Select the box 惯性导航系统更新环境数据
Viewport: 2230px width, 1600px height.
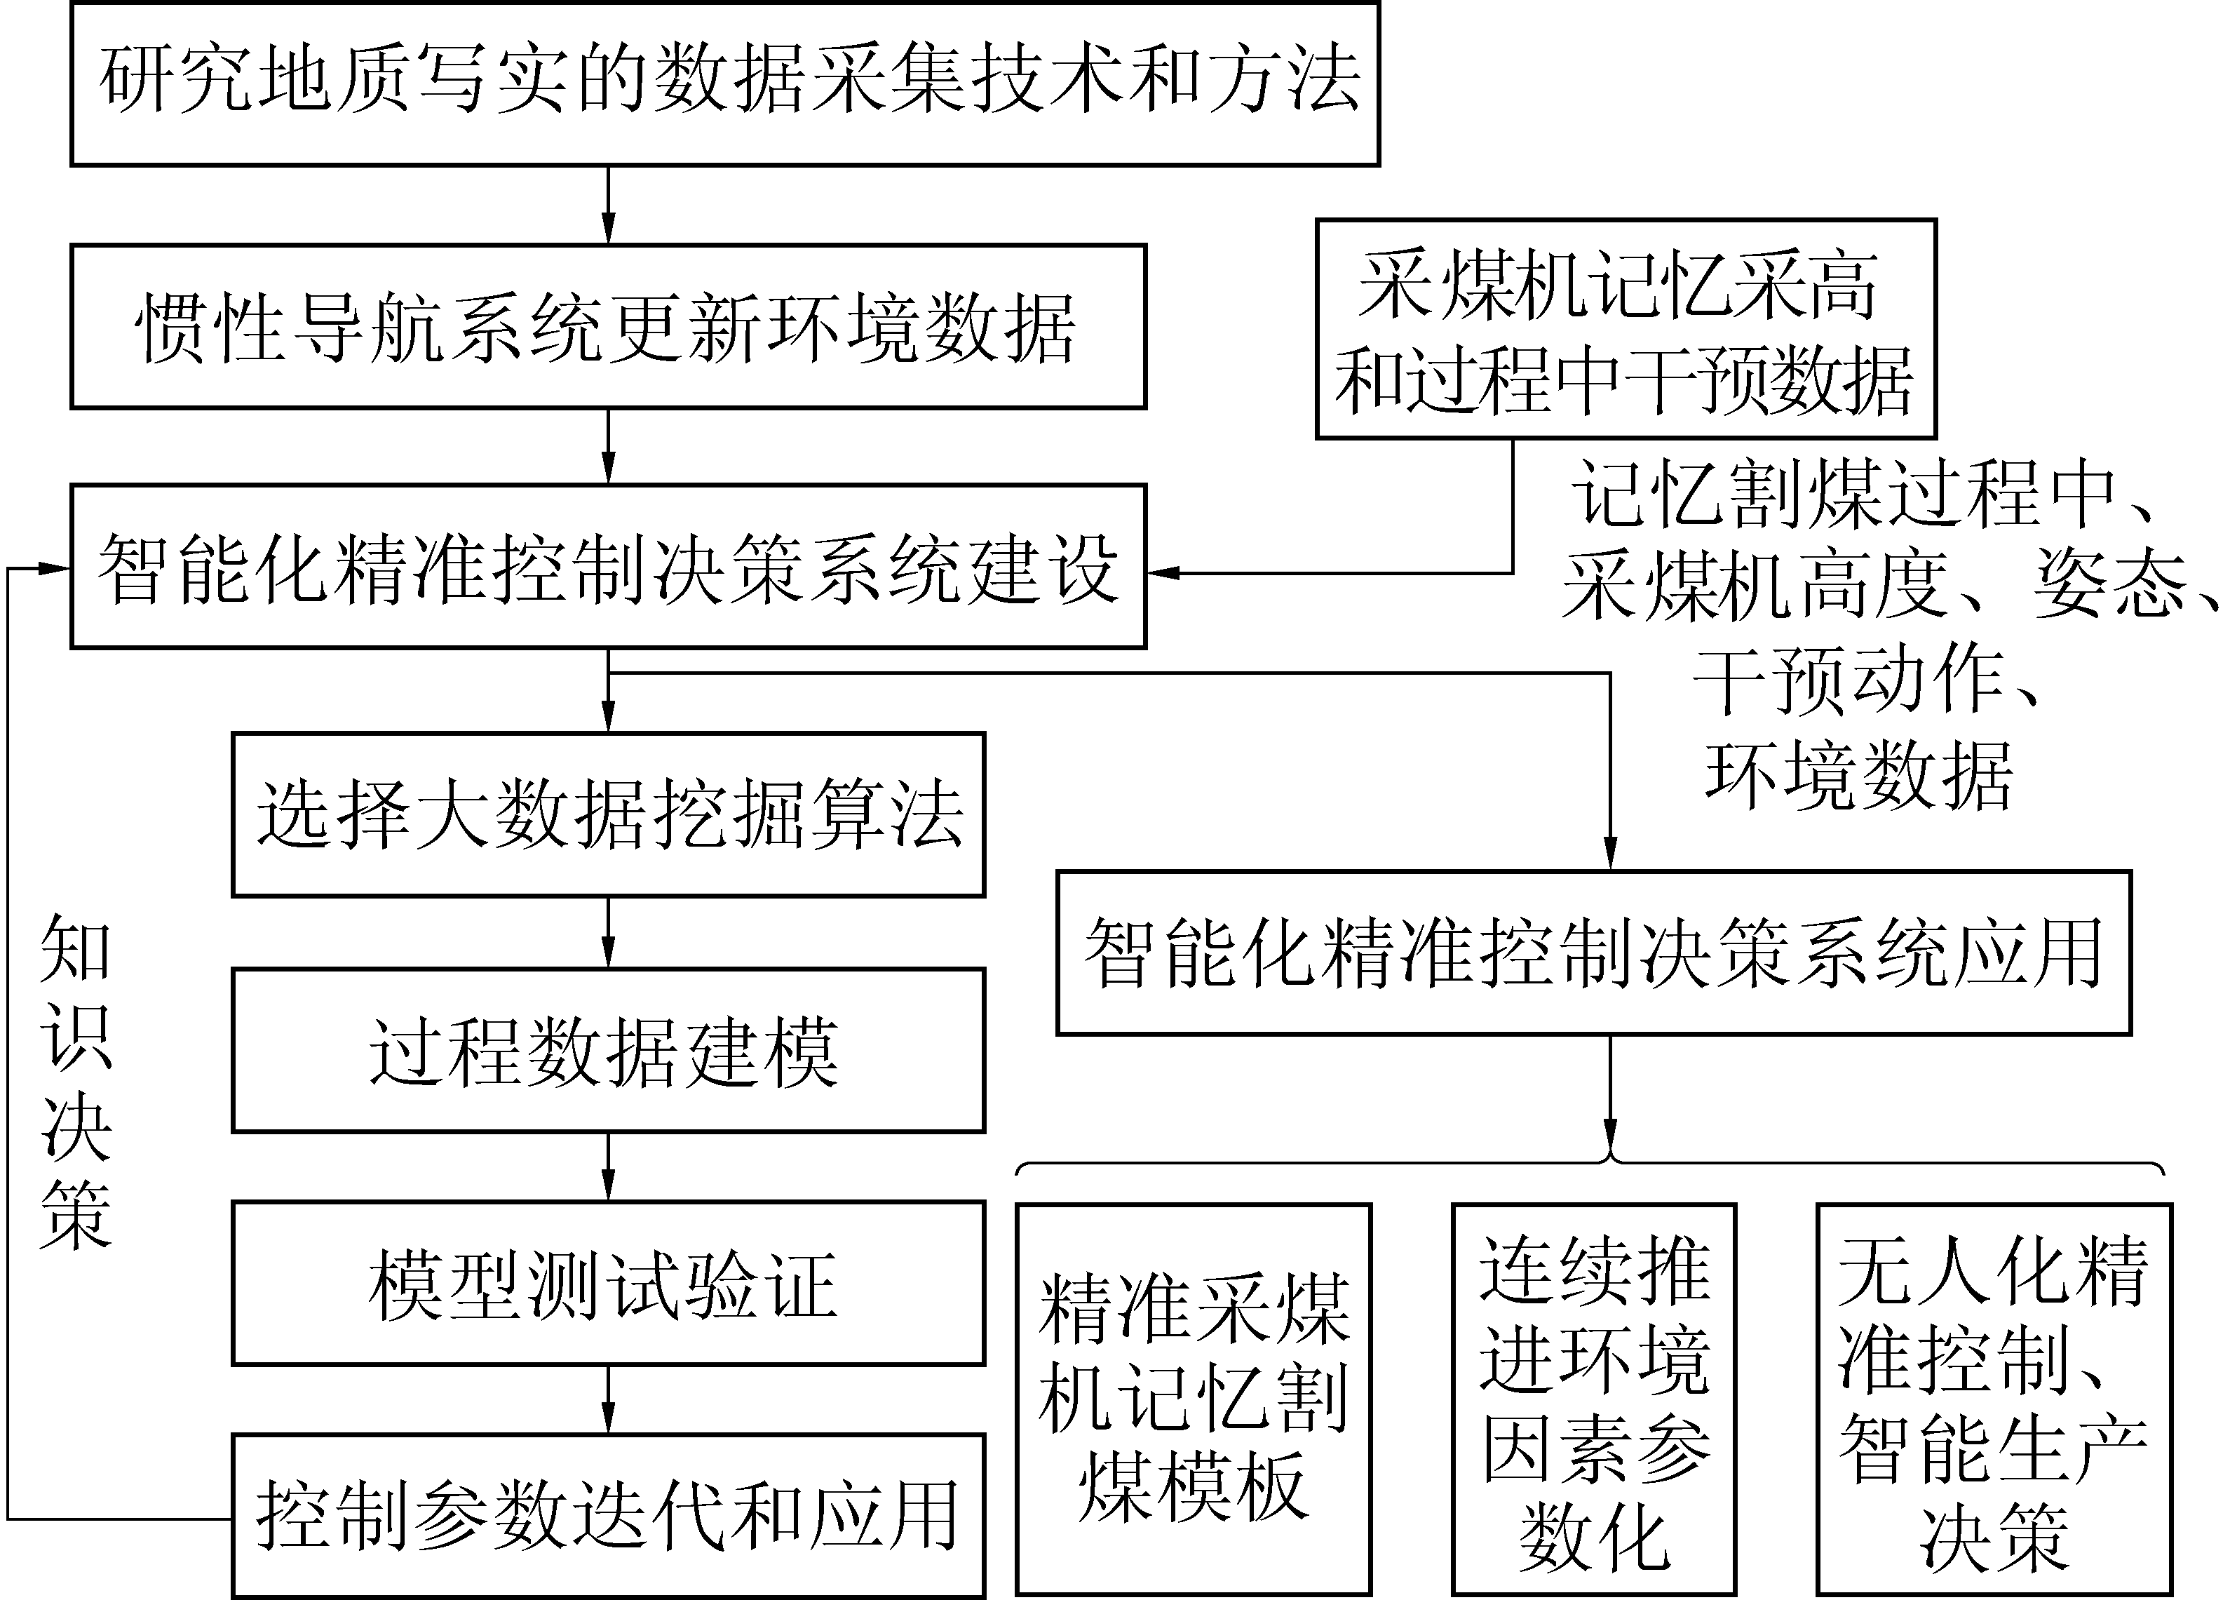tap(608, 326)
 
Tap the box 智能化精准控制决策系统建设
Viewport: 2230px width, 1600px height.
tap(608, 567)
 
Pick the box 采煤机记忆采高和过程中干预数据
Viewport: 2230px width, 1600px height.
tap(1626, 328)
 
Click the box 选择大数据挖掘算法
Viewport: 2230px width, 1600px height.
tap(608, 814)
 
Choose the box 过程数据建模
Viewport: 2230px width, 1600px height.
tap(608, 1050)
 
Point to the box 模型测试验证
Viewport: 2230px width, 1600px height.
tap(608, 1284)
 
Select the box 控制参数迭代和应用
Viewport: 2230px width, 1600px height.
tap(608, 1515)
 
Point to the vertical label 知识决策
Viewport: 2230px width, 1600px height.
tap(76, 1082)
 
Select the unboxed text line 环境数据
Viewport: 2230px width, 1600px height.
tap(1858, 777)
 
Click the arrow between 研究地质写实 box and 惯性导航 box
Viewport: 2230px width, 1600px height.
tap(608, 205)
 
